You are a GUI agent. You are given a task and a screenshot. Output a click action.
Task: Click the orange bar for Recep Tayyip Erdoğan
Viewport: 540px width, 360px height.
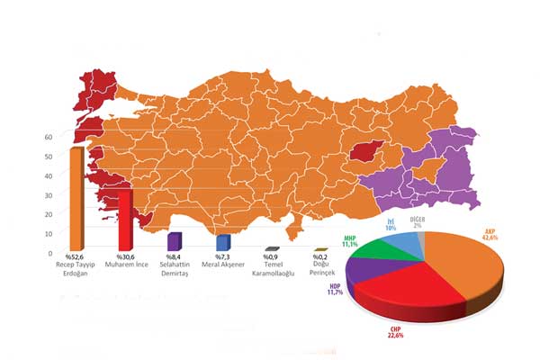coord(76,198)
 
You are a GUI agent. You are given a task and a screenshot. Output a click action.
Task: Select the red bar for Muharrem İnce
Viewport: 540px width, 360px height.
coord(126,220)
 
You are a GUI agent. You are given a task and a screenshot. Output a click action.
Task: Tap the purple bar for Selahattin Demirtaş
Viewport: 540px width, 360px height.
coord(174,241)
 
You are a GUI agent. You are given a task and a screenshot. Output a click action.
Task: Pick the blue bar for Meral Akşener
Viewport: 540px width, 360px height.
coord(222,243)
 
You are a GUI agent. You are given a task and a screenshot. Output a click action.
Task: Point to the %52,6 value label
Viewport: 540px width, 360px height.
coord(77,259)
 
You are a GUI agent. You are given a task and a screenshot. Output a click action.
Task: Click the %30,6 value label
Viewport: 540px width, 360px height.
coord(125,259)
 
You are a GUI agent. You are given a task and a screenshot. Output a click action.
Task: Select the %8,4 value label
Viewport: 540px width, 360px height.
coord(174,259)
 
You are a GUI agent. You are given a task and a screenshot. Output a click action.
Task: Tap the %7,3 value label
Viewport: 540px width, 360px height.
coord(221,259)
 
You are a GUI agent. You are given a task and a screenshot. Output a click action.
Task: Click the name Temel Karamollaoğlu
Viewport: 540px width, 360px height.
coord(270,270)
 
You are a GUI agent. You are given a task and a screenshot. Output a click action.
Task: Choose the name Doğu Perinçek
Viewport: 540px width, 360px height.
coord(318,270)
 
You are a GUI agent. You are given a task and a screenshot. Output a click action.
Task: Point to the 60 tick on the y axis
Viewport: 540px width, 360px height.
coord(49,137)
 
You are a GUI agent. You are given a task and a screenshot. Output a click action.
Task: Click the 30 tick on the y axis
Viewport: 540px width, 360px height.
coord(49,194)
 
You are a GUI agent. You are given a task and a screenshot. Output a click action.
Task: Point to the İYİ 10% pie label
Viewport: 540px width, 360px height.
coord(391,224)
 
